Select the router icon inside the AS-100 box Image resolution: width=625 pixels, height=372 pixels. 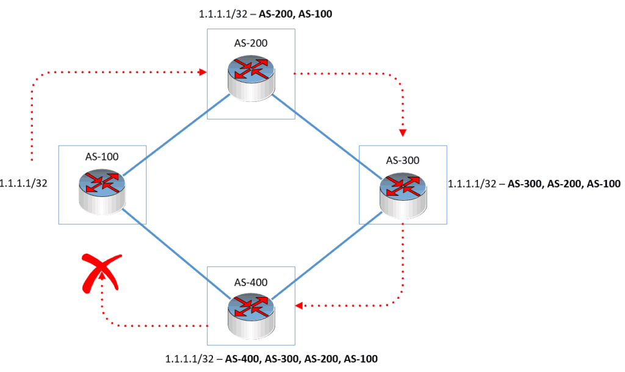click(102, 191)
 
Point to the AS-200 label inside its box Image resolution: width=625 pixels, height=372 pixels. click(251, 43)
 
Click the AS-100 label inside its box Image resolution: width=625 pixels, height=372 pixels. click(102, 157)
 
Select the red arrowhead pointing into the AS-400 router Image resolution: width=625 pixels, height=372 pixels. click(298, 305)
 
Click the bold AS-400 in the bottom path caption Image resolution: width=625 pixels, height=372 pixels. click(242, 359)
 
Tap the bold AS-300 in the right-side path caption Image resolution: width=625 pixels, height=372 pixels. click(524, 183)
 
